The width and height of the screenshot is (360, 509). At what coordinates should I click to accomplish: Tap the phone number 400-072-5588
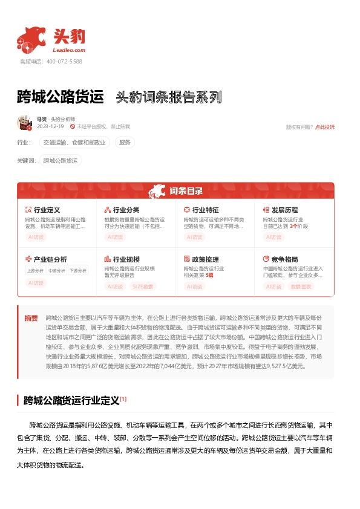(x=64, y=62)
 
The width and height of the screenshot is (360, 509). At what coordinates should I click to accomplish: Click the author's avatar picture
(x=24, y=123)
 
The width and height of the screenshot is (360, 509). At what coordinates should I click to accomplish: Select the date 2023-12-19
(x=50, y=127)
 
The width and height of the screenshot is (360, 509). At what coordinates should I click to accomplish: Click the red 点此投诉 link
(x=324, y=127)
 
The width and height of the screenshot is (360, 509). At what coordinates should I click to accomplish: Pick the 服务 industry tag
(x=125, y=143)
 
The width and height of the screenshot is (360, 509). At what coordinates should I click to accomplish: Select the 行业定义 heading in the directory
(x=46, y=210)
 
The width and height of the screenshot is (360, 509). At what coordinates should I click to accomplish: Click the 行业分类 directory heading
(x=125, y=210)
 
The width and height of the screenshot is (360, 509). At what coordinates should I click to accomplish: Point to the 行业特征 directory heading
(x=205, y=210)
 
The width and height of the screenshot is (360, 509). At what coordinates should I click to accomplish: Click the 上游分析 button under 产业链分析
(x=35, y=271)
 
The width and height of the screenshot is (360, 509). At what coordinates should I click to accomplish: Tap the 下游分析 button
(x=77, y=271)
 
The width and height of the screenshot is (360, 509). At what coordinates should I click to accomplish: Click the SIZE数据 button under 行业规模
(x=143, y=287)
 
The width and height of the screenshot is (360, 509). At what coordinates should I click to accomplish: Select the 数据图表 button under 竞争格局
(x=302, y=287)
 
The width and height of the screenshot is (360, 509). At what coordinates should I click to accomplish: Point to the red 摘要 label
(x=31, y=318)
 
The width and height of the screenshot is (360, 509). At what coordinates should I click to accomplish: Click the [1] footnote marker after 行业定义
(x=123, y=381)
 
